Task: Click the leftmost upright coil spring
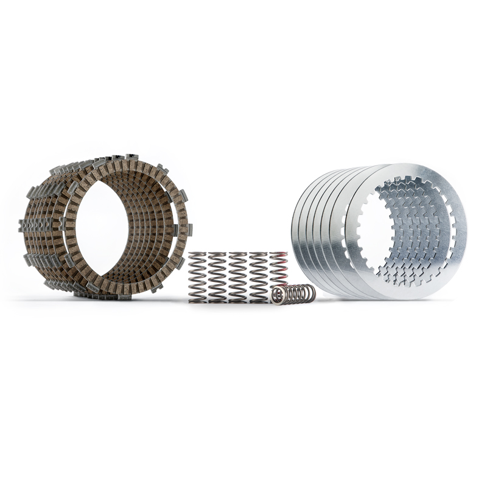(197, 277)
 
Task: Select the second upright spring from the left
(217, 277)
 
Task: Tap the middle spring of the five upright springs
(238, 277)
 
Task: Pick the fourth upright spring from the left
(258, 277)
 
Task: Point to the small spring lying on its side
(295, 294)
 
